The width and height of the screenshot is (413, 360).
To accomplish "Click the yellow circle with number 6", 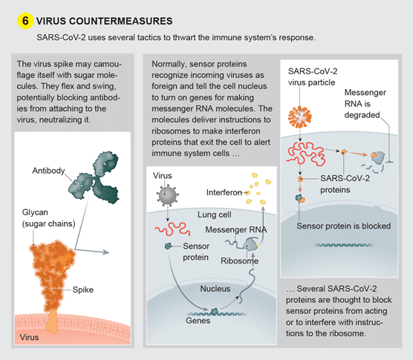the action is pyautogui.click(x=25, y=21).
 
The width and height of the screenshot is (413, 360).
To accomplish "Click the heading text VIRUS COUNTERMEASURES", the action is pyautogui.click(x=104, y=21).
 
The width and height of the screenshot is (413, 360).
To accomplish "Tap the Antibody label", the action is pyautogui.click(x=48, y=171).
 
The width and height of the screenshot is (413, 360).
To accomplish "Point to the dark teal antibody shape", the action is pyautogui.click(x=94, y=177).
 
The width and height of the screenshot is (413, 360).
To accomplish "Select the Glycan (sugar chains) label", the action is pyautogui.click(x=49, y=218).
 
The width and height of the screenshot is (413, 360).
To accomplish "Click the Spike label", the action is pyautogui.click(x=83, y=289).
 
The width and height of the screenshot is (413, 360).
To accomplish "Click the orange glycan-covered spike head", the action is pyautogui.click(x=52, y=261).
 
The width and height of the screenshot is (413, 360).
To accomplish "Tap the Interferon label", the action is pyautogui.click(x=224, y=192).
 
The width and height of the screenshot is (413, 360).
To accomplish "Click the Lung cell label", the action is pyautogui.click(x=215, y=215).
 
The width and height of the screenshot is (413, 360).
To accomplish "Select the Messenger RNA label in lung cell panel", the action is pyautogui.click(x=236, y=230).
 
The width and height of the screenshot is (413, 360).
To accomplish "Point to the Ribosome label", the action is pyautogui.click(x=239, y=261).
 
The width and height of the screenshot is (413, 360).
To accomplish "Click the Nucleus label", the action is pyautogui.click(x=215, y=289).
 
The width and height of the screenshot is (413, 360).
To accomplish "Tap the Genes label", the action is pyautogui.click(x=198, y=321).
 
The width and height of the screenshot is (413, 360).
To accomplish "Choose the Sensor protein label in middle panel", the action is pyautogui.click(x=196, y=252).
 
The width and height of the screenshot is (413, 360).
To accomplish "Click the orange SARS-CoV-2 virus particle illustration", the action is pyautogui.click(x=300, y=117).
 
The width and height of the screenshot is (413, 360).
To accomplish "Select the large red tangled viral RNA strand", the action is pyautogui.click(x=306, y=154).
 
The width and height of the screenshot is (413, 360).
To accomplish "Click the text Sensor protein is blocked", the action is pyautogui.click(x=343, y=226).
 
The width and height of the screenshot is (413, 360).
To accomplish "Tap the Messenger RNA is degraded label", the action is pyautogui.click(x=365, y=104).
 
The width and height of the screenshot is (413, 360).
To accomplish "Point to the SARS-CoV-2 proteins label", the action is pyautogui.click(x=345, y=184).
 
